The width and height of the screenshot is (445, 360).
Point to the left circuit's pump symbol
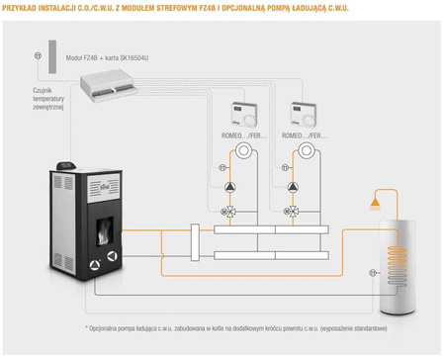click(230, 186)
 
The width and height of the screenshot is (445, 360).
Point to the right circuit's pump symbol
click(291, 186)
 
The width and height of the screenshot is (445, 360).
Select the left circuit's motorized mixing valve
click(230, 211)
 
